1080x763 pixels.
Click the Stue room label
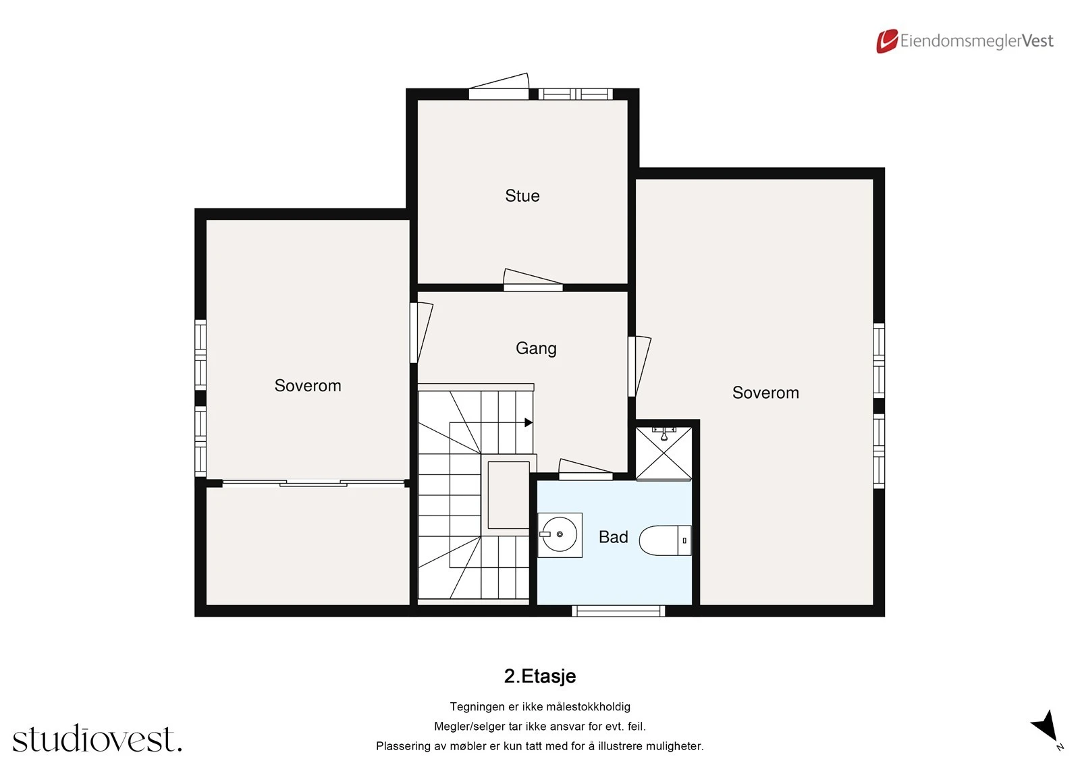(x=522, y=196)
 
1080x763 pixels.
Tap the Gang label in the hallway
(x=536, y=348)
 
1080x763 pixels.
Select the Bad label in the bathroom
(x=613, y=537)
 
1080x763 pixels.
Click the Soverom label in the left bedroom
(x=308, y=385)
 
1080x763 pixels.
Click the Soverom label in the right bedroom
(x=765, y=393)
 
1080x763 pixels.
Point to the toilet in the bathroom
(x=665, y=540)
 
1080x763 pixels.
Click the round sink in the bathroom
(x=560, y=534)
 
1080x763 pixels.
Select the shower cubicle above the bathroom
(x=664, y=453)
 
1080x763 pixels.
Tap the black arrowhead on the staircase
(x=529, y=422)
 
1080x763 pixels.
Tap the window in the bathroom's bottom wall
(x=618, y=611)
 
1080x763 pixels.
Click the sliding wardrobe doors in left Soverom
(x=314, y=482)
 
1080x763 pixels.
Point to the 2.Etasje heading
(x=539, y=676)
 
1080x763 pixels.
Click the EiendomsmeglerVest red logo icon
(x=887, y=41)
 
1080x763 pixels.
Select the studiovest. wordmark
(x=97, y=739)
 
